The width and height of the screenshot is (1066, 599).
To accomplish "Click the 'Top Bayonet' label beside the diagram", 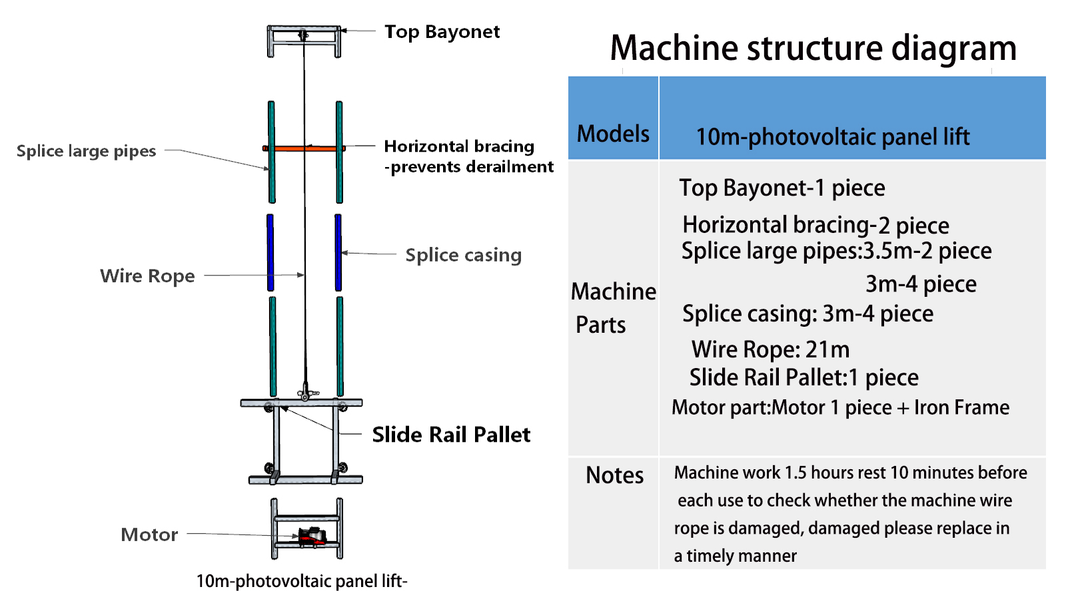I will pos(442,32).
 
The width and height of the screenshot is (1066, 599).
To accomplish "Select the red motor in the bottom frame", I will pos(311,536).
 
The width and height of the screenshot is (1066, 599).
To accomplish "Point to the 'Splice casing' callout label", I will pos(463,255).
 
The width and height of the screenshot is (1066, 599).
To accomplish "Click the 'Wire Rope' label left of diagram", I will pos(147,276).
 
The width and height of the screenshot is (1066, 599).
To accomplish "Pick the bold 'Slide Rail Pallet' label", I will pos(451,435).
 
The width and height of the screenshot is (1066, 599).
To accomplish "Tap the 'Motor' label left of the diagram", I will pos(149,534).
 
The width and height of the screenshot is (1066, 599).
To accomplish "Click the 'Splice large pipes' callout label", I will pos(86,151).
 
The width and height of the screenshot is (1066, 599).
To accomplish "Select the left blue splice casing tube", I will pos(270,252).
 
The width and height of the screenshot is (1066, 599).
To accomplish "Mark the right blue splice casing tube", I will pos(338,252).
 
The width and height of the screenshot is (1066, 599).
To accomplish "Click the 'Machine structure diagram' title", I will pos(813,48).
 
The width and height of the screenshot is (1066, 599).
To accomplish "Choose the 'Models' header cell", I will pos(613,134).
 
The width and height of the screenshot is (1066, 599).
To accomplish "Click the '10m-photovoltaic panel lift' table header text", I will pos(833,137).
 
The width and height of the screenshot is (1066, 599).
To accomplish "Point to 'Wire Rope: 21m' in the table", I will pos(770,349).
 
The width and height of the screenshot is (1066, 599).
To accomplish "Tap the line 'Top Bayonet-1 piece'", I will pos(782,188).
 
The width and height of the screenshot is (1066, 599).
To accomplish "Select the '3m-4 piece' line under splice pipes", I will pos(921,284).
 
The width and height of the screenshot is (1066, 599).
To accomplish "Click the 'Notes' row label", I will pos(614,475).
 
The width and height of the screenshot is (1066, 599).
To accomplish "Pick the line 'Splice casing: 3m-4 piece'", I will pos(807,313).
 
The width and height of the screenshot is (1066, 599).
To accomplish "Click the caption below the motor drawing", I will pos(301,581).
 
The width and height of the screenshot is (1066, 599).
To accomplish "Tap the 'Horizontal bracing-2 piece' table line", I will pos(815,225).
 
